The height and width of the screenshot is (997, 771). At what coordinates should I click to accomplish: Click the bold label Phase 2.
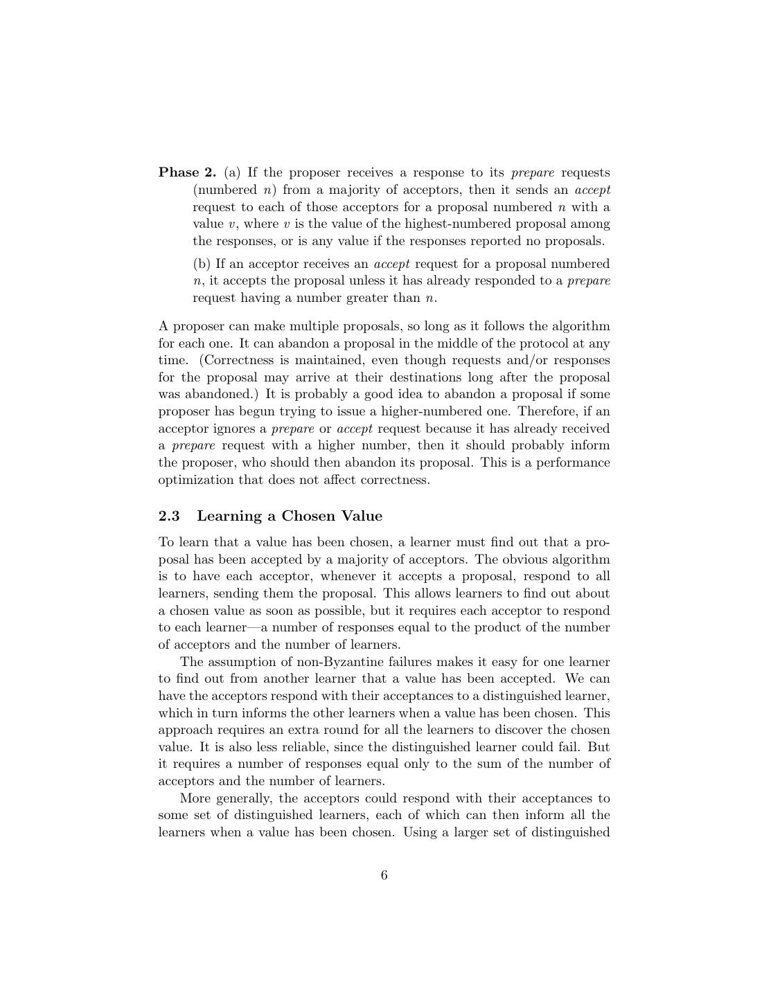pos(187,172)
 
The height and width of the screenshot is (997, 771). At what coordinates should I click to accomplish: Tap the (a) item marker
pos(232,172)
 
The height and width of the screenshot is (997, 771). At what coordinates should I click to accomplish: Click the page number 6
pos(384,875)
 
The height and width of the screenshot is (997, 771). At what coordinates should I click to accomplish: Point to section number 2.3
pos(169,516)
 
